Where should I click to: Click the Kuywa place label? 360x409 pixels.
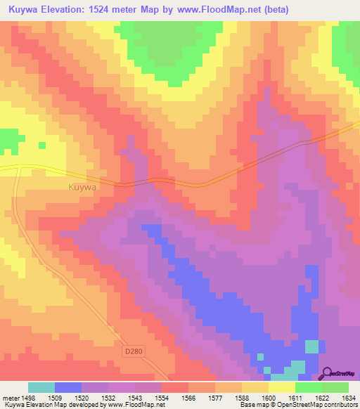tap(82, 188)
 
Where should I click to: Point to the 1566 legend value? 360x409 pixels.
tap(188, 397)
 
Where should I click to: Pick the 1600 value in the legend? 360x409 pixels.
tap(268, 397)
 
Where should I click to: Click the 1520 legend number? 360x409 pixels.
tap(81, 397)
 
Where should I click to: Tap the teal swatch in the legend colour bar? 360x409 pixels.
tap(41, 387)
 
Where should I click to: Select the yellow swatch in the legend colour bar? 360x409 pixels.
tap(281, 387)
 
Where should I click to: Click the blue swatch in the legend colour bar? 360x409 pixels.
tap(68, 387)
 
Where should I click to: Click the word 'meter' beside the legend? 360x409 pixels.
tap(9, 397)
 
